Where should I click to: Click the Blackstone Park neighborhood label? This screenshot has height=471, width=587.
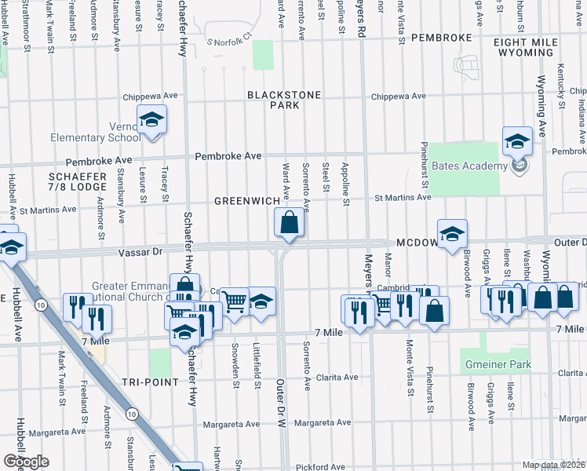[x=284, y=100]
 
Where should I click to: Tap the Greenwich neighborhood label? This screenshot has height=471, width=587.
[x=247, y=202]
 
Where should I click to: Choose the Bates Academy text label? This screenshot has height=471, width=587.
[x=468, y=166]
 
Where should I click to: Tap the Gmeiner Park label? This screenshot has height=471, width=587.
[x=497, y=364]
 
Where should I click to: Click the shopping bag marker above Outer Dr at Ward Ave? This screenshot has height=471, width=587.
[x=289, y=224]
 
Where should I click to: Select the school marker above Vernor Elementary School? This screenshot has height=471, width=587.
[x=151, y=120]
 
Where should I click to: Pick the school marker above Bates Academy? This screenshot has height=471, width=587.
[x=517, y=142]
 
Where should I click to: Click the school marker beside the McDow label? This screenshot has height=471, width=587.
[x=452, y=235]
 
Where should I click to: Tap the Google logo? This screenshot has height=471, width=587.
[x=25, y=462]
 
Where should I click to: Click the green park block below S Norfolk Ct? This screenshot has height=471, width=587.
[x=263, y=55]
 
